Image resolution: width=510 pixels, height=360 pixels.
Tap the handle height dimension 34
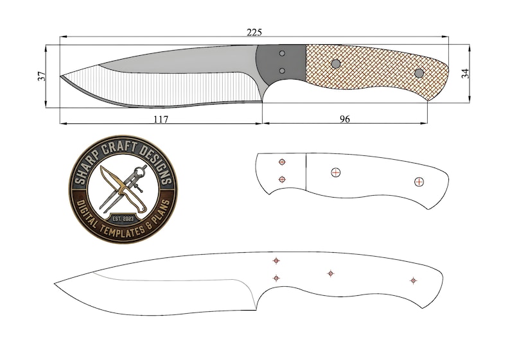coord(466,74)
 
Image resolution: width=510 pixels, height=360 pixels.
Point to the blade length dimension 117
coord(161,118)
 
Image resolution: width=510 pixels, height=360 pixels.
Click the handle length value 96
coord(344,119)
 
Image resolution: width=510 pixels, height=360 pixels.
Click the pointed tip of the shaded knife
coord(61,77)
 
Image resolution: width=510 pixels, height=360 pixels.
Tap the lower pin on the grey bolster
coord(282,71)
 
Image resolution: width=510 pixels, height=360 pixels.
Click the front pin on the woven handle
coord(335,64)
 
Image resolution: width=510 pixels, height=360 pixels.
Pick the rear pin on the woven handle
coord(419,73)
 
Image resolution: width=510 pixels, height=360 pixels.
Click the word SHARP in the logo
coord(92,168)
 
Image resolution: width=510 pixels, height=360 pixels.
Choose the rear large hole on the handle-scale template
coord(419,182)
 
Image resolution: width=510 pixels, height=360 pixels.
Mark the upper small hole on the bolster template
coord(282,162)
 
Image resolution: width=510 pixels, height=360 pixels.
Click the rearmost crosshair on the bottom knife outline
coord(413,280)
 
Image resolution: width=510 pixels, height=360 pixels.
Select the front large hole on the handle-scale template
coord(335,172)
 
